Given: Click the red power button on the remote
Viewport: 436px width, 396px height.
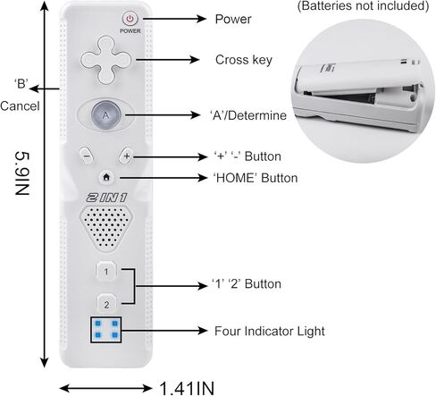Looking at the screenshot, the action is [130, 19].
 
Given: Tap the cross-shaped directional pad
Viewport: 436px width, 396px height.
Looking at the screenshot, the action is [106, 60].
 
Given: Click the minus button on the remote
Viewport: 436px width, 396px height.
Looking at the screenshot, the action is [87, 156].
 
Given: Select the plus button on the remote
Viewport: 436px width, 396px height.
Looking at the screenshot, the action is [126, 156].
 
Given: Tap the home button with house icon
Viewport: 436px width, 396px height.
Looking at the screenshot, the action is [106, 177].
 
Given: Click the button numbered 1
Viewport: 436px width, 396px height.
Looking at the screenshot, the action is [106, 271].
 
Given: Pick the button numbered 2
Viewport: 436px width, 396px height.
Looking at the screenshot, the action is [106, 304].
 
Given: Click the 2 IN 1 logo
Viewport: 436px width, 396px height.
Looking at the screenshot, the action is [106, 198].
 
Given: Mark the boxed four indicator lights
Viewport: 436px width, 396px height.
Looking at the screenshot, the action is [106, 330].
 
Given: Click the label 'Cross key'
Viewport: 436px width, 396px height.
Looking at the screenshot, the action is [244, 60].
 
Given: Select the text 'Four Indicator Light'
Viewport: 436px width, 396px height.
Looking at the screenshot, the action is [270, 331].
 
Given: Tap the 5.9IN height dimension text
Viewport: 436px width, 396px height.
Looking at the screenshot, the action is [22, 173].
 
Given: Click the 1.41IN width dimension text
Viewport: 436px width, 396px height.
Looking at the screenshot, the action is [187, 388].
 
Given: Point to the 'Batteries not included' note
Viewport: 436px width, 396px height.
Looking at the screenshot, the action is [363, 5].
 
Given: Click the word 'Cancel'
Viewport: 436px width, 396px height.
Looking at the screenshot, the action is [20, 106].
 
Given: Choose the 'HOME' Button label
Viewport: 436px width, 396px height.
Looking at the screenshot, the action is [256, 178].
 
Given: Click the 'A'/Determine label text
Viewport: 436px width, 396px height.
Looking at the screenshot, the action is [248, 115].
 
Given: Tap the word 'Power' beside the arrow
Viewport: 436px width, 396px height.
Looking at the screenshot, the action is [233, 19].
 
